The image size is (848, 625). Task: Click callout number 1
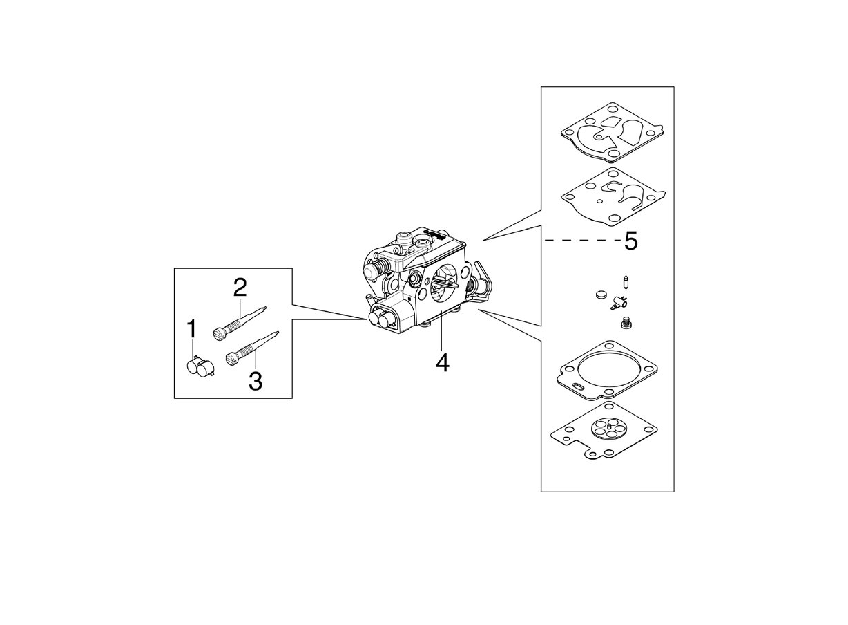tap(192, 328)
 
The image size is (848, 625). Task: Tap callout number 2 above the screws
tap(240, 288)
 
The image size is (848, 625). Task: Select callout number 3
tap(256, 381)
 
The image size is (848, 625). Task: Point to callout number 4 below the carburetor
tap(443, 362)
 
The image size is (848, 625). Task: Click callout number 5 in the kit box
tap(630, 241)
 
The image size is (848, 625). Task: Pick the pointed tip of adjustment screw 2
tap(266, 308)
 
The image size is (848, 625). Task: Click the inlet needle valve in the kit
tap(625, 283)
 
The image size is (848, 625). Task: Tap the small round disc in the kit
tap(600, 294)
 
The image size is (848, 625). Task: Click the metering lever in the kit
tap(619, 303)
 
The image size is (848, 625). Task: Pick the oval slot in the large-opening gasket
tap(579, 386)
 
